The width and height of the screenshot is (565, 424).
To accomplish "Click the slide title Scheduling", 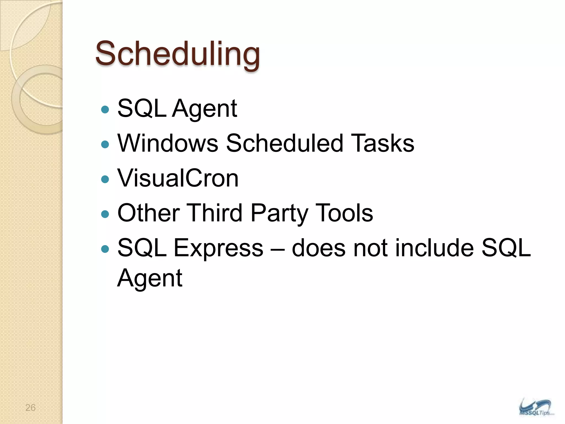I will (x=177, y=54).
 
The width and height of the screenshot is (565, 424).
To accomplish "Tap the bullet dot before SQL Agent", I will (x=105, y=110).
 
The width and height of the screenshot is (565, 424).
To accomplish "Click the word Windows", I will (x=168, y=143).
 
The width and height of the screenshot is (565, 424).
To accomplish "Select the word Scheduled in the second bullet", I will (x=284, y=143).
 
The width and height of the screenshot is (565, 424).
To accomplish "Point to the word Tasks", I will (x=383, y=143).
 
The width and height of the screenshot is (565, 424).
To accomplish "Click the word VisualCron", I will (x=178, y=178).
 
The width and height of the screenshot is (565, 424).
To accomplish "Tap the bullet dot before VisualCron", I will (x=105, y=179).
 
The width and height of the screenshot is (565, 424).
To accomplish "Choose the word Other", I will (x=149, y=213).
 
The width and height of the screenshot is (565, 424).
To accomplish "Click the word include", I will (x=435, y=248).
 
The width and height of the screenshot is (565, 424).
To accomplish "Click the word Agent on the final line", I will (x=150, y=278).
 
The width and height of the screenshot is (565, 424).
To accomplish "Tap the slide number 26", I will (x=30, y=407).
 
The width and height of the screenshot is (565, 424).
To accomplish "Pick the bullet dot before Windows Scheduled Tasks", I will (x=105, y=144).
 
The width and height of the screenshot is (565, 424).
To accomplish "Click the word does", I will (x=319, y=248).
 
